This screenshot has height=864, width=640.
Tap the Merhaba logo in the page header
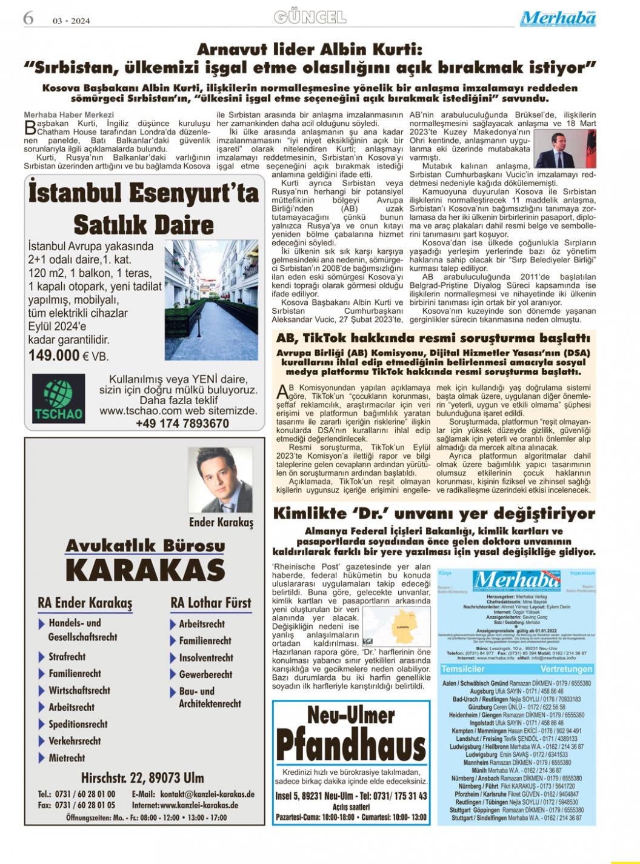tap(558, 19)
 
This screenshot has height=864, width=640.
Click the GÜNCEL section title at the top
tap(310, 17)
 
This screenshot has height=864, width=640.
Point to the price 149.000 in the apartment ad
tap(55, 355)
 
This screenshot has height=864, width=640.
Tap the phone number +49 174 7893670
tap(182, 424)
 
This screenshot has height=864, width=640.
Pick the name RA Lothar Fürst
tap(210, 603)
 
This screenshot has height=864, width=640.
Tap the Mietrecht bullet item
tap(67, 757)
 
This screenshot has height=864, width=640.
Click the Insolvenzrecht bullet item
tap(205, 657)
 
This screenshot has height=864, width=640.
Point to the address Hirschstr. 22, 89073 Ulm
tap(142, 777)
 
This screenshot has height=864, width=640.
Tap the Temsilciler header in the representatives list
tap(464, 669)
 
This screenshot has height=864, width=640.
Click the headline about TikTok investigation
tap(433, 337)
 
